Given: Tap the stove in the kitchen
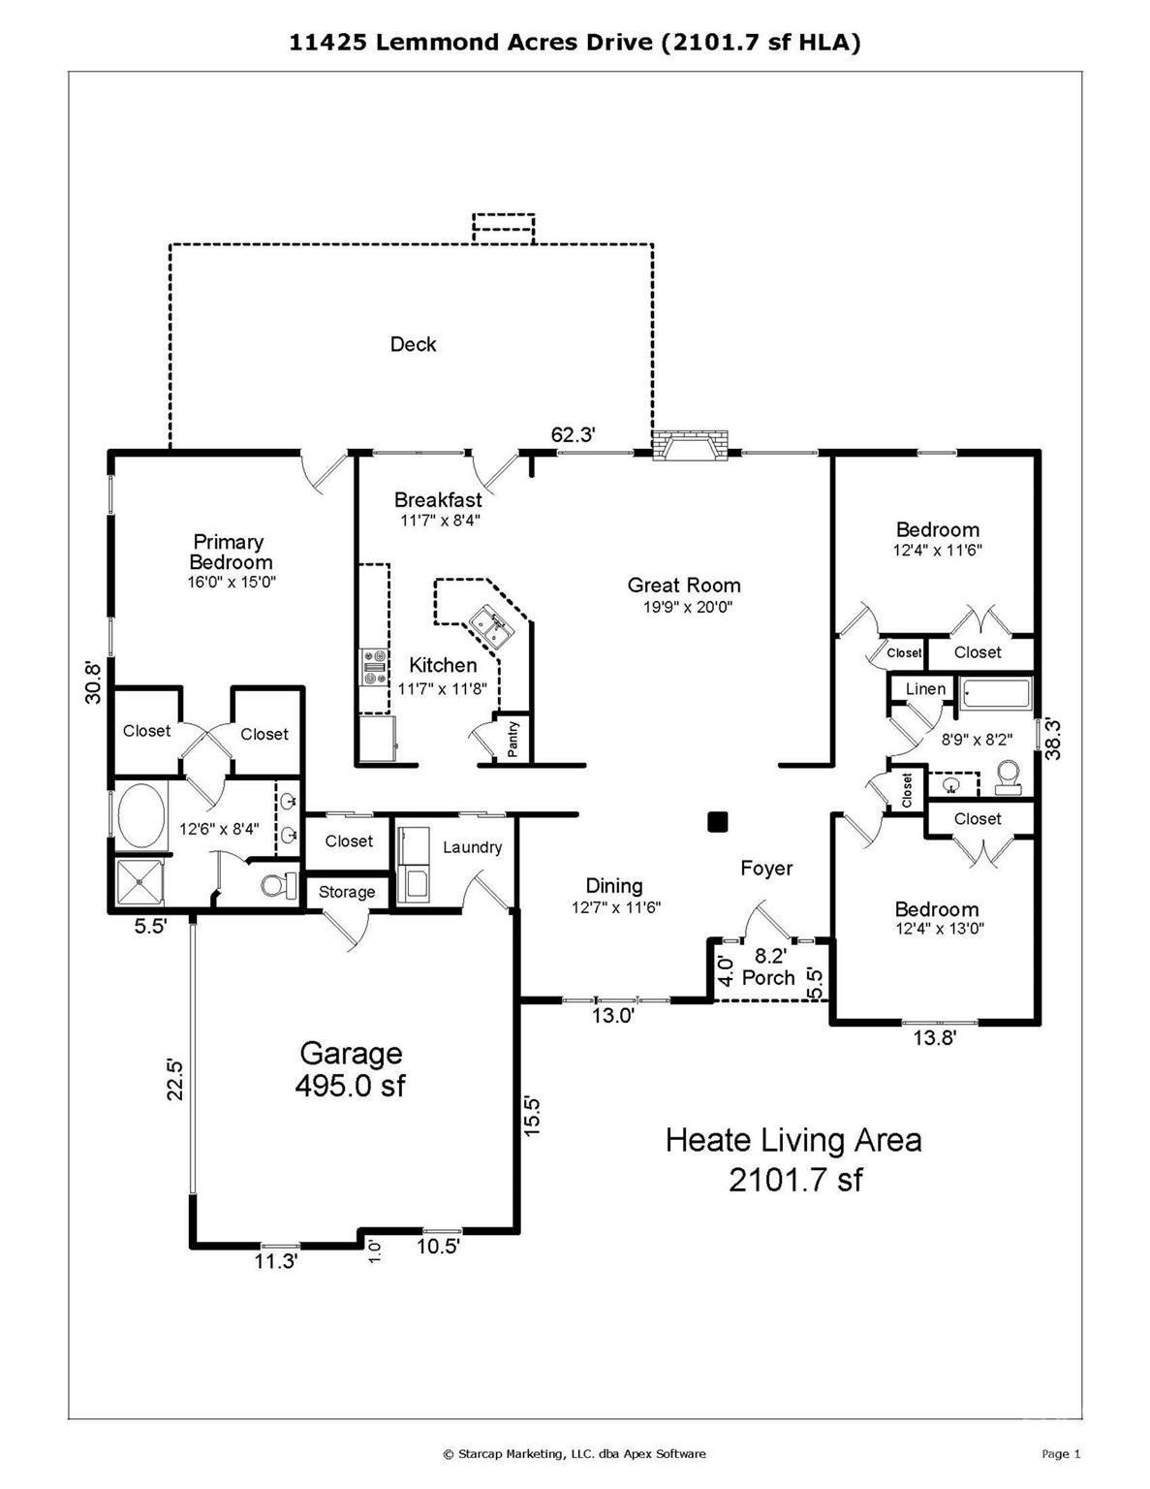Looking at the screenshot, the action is click(374, 667).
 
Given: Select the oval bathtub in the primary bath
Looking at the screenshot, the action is click(141, 817).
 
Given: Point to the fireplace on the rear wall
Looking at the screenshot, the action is click(690, 444).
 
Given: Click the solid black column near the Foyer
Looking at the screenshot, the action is click(717, 821).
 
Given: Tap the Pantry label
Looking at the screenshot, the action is click(513, 739).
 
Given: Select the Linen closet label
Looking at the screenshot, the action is click(925, 688).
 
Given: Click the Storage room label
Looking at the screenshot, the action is click(347, 892).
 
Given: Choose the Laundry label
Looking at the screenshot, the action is click(473, 847).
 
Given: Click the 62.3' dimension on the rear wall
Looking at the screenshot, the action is click(574, 434).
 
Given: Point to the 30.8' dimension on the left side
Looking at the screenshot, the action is click(93, 681).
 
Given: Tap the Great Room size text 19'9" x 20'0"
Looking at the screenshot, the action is click(688, 607).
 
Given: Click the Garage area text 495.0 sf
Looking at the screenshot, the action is click(350, 1085).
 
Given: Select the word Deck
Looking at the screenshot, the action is click(413, 344).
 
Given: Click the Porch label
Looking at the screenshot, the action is click(768, 977).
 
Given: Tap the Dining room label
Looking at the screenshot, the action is click(614, 886).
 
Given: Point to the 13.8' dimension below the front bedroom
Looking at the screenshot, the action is click(934, 1038).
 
